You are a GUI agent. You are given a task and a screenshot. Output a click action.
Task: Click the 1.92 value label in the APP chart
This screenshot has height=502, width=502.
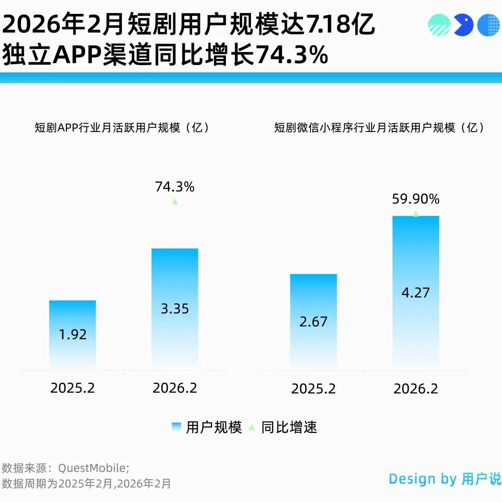(x=73, y=334)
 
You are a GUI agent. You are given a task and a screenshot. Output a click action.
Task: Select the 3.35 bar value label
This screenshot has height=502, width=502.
(x=175, y=309)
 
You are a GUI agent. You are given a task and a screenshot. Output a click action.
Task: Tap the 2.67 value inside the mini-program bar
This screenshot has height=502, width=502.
(x=313, y=321)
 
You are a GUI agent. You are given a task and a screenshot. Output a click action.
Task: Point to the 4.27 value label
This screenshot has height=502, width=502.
(x=416, y=292)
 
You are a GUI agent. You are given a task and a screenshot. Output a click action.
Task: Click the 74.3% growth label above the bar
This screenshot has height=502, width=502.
(x=174, y=187)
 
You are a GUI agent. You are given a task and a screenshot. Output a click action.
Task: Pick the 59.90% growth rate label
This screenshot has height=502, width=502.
(x=416, y=199)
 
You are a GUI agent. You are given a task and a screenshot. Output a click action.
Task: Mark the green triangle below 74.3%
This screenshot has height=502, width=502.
(x=175, y=202)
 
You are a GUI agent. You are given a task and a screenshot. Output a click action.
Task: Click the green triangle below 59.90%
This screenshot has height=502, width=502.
(x=416, y=213)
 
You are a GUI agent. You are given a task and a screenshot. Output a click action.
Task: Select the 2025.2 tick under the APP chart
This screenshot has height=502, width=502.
(x=73, y=388)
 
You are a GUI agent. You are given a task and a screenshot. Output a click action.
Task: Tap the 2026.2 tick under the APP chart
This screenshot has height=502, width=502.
(x=175, y=388)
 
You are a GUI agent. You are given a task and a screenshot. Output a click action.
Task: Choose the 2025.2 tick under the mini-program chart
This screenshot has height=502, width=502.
(x=313, y=389)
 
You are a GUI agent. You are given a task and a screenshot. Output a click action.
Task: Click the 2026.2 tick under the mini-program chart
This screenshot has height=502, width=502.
(x=416, y=389)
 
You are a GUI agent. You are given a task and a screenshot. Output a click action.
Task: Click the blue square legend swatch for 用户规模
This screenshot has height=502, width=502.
(x=176, y=427)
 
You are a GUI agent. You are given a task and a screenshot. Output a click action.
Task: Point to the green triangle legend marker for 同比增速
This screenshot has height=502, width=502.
(x=251, y=427)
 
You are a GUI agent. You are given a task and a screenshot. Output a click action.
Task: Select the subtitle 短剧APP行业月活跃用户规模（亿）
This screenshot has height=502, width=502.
(x=122, y=128)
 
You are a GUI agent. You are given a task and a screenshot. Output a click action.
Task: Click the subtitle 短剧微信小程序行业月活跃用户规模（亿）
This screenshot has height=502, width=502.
(x=379, y=128)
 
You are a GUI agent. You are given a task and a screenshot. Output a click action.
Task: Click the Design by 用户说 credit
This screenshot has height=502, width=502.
(x=445, y=479)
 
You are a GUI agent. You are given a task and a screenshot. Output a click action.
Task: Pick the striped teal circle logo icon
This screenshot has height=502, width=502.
(x=439, y=25)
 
